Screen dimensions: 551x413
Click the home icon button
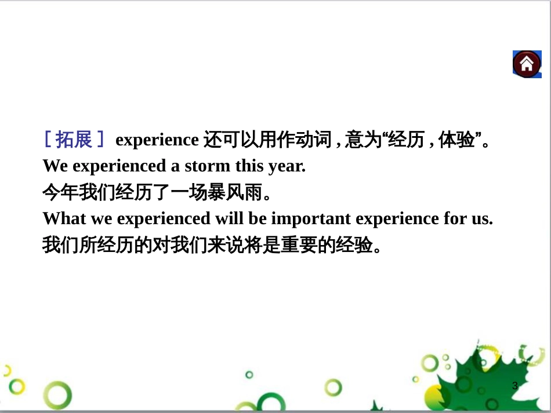click(x=527, y=64)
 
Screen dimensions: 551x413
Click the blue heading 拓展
click(x=74, y=139)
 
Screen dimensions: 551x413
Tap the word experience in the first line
click(x=157, y=140)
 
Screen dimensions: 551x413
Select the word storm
click(x=207, y=166)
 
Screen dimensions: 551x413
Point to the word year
click(x=287, y=167)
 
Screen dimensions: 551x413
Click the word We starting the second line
click(x=55, y=166)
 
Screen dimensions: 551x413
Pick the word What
click(x=64, y=218)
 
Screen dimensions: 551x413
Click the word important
click(x=311, y=219)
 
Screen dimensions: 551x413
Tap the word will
click(x=229, y=218)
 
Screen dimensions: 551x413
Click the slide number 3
click(x=515, y=386)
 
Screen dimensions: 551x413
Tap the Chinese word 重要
click(x=299, y=244)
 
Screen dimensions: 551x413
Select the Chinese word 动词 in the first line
click(x=313, y=139)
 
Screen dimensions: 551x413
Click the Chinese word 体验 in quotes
click(x=456, y=139)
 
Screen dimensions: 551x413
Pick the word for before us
click(x=455, y=218)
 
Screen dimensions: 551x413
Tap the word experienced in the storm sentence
click(x=119, y=167)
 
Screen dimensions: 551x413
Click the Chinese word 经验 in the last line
click(x=354, y=244)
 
